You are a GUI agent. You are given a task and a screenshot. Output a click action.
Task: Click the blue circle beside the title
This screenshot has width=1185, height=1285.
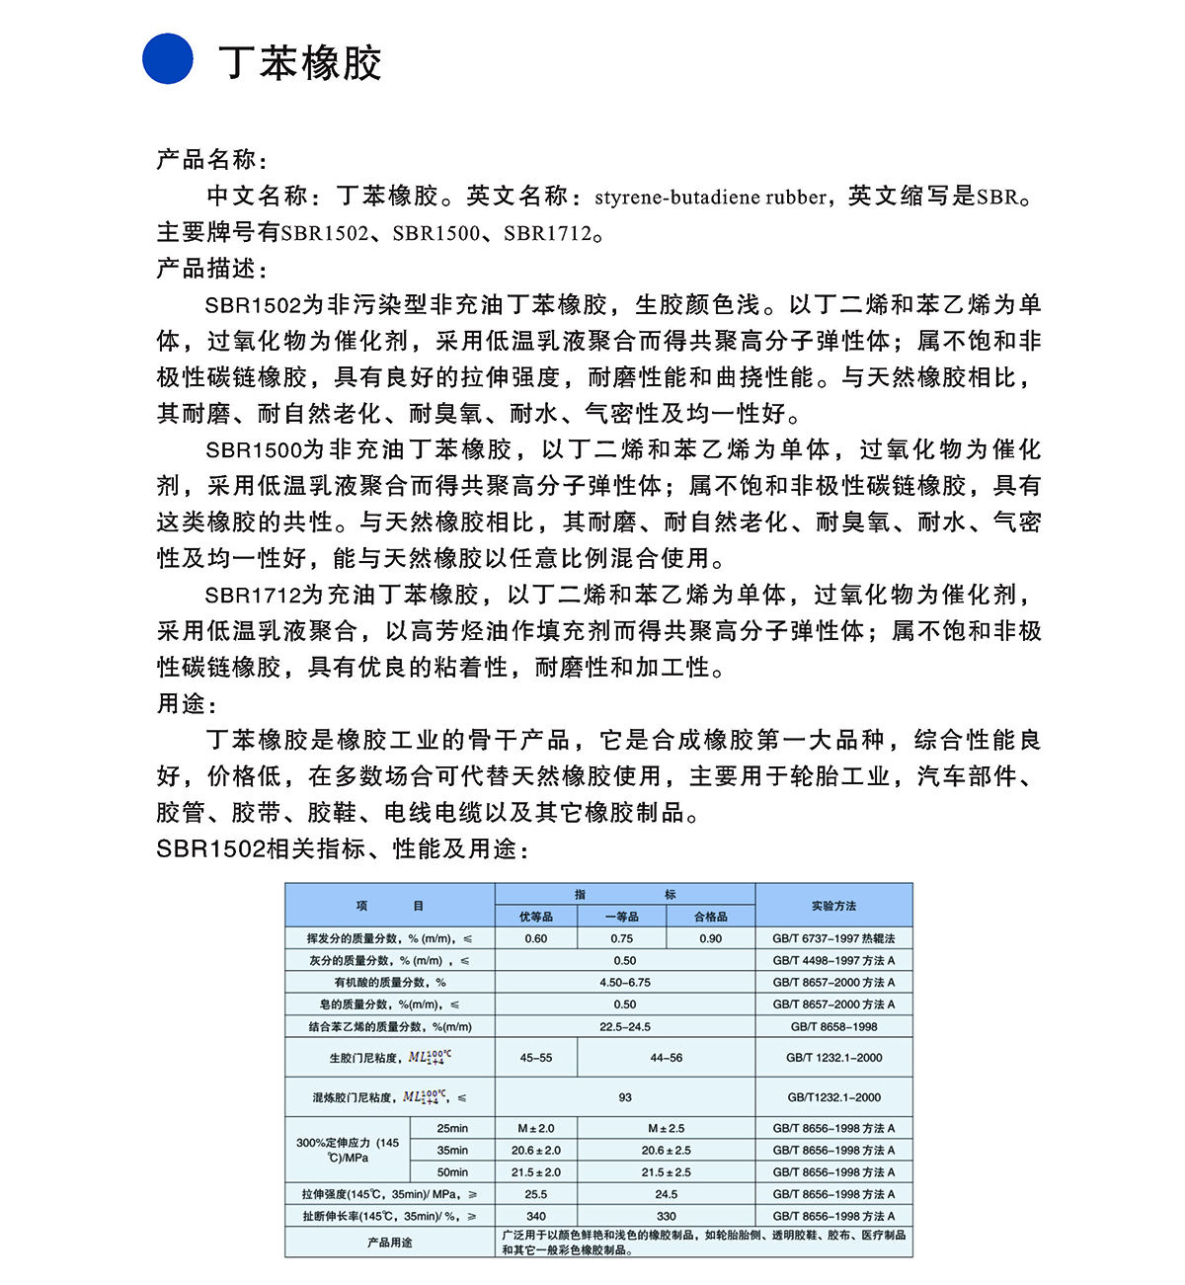pyautogui.click(x=168, y=59)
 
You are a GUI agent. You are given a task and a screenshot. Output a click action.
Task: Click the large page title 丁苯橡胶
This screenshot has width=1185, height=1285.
pyautogui.click(x=300, y=62)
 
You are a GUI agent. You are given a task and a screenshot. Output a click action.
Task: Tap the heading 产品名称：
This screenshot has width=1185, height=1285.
pyautogui.click(x=211, y=160)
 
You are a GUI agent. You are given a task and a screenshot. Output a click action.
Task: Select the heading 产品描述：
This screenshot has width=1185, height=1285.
pyautogui.click(x=211, y=269)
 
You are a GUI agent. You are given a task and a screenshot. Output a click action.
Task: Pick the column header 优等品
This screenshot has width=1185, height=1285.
pyautogui.click(x=536, y=917)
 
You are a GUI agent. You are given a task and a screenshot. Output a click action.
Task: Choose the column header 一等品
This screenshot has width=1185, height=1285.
pyautogui.click(x=622, y=917)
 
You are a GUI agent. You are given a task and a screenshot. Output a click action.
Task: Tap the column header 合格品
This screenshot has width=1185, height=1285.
pyautogui.click(x=711, y=917)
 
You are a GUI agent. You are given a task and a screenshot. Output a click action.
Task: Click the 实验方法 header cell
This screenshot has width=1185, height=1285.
pyautogui.click(x=833, y=906)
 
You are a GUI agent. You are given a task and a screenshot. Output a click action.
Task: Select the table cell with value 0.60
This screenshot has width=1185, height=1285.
pyautogui.click(x=536, y=938)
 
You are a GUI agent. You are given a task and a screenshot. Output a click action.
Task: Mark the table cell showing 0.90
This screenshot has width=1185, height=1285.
pyautogui.click(x=711, y=938)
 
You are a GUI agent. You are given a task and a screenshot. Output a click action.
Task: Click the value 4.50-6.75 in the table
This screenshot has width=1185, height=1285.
pyautogui.click(x=625, y=983)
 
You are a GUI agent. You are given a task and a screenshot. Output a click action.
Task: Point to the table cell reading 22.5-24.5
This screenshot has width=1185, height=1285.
pyautogui.click(x=625, y=1027)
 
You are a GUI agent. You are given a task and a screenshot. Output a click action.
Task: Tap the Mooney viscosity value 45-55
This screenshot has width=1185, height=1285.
pyautogui.click(x=536, y=1058)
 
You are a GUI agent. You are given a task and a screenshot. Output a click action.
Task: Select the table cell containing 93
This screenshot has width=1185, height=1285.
pyautogui.click(x=625, y=1097)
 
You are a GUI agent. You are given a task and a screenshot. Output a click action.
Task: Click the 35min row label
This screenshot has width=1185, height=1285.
pyautogui.click(x=452, y=1151)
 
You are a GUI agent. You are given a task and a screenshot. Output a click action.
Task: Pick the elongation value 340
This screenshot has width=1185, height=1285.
pyautogui.click(x=536, y=1217)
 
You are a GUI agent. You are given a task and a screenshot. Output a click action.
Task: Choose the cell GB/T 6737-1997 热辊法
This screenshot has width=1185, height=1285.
pyautogui.click(x=833, y=938)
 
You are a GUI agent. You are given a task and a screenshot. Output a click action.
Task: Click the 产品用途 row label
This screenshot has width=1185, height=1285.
pyautogui.click(x=390, y=1243)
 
